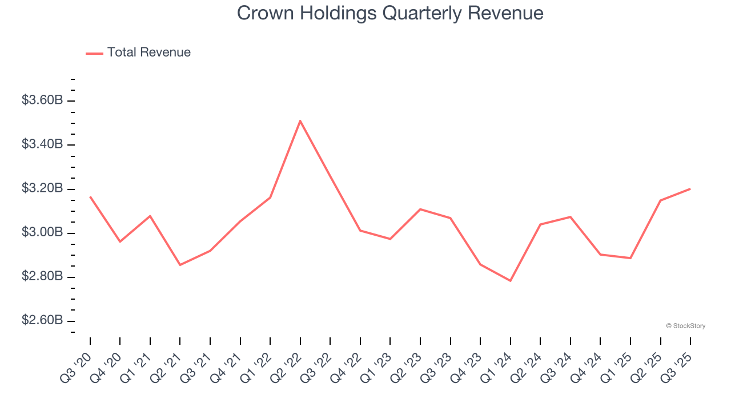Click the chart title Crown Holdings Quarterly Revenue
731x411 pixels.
(x=390, y=13)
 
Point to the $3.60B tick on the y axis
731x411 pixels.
(x=42, y=100)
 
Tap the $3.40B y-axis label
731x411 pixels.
(x=42, y=144)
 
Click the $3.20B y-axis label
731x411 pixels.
(x=42, y=189)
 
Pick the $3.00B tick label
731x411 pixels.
(x=42, y=233)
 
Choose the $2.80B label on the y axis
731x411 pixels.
(x=42, y=277)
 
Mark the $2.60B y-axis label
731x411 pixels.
(x=42, y=321)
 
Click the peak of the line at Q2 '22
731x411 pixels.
(x=300, y=120)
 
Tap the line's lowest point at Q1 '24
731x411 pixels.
(x=510, y=281)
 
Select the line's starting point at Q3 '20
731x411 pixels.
(x=90, y=197)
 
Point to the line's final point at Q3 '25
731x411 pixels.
(x=690, y=189)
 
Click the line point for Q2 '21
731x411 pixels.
(x=180, y=265)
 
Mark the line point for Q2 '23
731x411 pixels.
(x=420, y=209)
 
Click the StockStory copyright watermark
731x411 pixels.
(x=685, y=326)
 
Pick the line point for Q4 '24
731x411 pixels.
(x=600, y=255)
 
